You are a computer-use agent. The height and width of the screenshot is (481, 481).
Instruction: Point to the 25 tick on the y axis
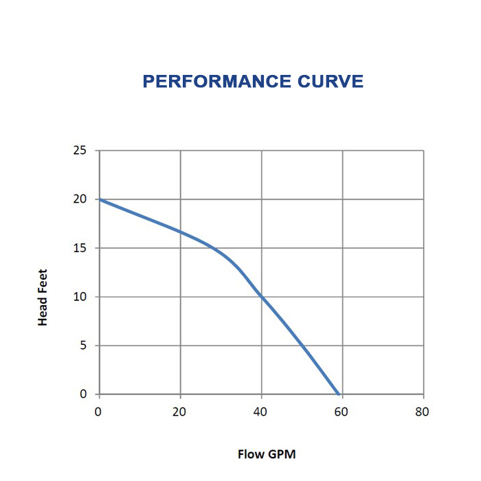[x=80, y=150]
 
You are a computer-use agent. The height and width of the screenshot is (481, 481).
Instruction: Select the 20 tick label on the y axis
[x=80, y=199]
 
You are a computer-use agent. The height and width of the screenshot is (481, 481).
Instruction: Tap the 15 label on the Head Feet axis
[x=80, y=247]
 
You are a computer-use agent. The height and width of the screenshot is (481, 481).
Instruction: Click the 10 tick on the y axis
[x=80, y=296]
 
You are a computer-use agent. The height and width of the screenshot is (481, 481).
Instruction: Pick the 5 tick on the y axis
[x=84, y=345]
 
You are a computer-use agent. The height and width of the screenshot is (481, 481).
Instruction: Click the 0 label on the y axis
[x=84, y=394]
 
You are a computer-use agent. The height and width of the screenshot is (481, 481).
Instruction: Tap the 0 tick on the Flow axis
[x=99, y=412]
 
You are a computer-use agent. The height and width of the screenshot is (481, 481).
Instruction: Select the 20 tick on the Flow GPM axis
[x=179, y=412]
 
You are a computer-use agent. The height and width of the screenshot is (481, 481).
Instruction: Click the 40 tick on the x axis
[x=260, y=412]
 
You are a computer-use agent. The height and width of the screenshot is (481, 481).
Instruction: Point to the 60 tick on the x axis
[x=342, y=412]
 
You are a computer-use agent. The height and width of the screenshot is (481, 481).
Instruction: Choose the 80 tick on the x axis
[x=422, y=412]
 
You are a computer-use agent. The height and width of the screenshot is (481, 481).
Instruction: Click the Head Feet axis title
[x=43, y=297]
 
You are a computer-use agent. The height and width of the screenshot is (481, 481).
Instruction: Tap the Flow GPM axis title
[x=267, y=454]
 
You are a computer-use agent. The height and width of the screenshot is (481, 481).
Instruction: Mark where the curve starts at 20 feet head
[x=100, y=199]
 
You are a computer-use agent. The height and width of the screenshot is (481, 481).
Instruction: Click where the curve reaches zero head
[x=339, y=394]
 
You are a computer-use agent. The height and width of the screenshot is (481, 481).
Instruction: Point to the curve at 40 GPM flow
[x=261, y=297]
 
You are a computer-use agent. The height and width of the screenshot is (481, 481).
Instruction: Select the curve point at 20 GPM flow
[x=180, y=232]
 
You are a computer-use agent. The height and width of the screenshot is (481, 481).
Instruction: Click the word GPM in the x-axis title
[x=282, y=454]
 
